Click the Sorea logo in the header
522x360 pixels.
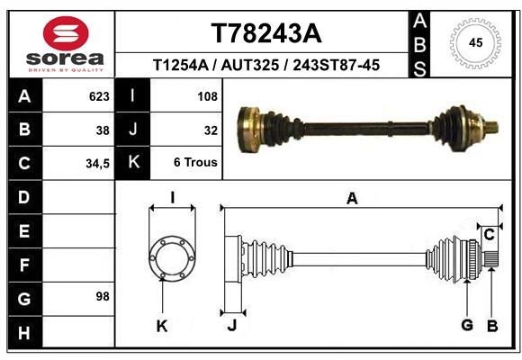(65, 44)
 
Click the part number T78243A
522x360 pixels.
(265, 33)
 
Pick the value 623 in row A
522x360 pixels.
(99, 95)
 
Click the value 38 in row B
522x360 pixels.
(103, 130)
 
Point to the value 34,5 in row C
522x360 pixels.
(97, 164)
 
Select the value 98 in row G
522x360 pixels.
(102, 296)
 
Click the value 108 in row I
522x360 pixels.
(207, 95)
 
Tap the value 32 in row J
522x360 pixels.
(211, 130)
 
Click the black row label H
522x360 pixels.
(23, 334)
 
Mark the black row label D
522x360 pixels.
(23, 197)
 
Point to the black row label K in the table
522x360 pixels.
(134, 163)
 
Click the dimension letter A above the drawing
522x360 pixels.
(352, 198)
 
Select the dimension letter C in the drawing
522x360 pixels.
(489, 235)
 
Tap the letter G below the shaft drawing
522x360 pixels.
(467, 325)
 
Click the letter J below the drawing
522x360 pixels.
(231, 326)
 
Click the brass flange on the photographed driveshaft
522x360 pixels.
(249, 127)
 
